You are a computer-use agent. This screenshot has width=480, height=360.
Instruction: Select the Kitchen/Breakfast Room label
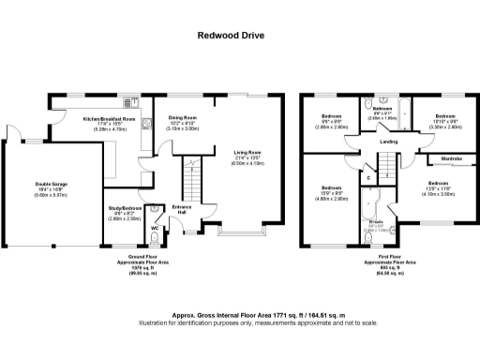(110, 119)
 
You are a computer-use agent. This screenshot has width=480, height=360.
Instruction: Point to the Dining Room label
(184, 119)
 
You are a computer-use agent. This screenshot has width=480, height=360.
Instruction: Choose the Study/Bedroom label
(124, 210)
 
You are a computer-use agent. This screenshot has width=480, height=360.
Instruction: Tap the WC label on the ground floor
(155, 228)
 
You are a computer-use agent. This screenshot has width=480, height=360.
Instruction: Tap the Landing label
(387, 142)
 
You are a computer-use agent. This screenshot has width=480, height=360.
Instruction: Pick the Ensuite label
(376, 221)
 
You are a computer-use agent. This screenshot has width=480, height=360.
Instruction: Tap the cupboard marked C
(368, 177)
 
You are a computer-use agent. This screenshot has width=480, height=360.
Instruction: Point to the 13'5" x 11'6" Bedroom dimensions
(439, 188)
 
